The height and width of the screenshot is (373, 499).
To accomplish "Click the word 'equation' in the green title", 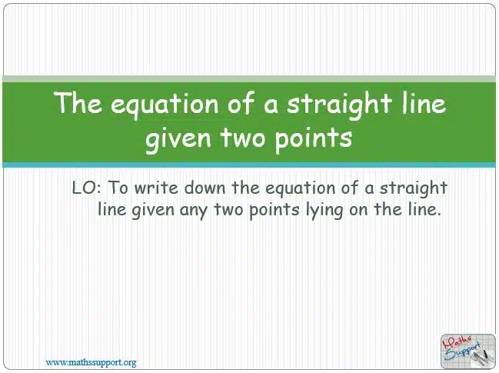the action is pos(165,104).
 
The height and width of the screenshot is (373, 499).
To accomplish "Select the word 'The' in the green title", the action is pos(78,102).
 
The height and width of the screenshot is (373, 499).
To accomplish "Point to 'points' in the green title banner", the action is pos(314,138).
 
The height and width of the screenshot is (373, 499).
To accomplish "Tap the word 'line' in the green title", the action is pos(424,102).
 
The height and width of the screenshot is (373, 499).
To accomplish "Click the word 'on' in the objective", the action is pos(358,211).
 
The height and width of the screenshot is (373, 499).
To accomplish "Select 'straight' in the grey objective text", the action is pos(413,188).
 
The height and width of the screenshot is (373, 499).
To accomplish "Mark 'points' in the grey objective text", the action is pos(274,211).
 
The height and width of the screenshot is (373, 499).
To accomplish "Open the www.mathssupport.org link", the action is pos(91,362).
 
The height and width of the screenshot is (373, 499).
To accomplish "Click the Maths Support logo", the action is pos(467,351).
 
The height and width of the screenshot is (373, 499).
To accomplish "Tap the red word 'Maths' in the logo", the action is pos(458,342).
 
